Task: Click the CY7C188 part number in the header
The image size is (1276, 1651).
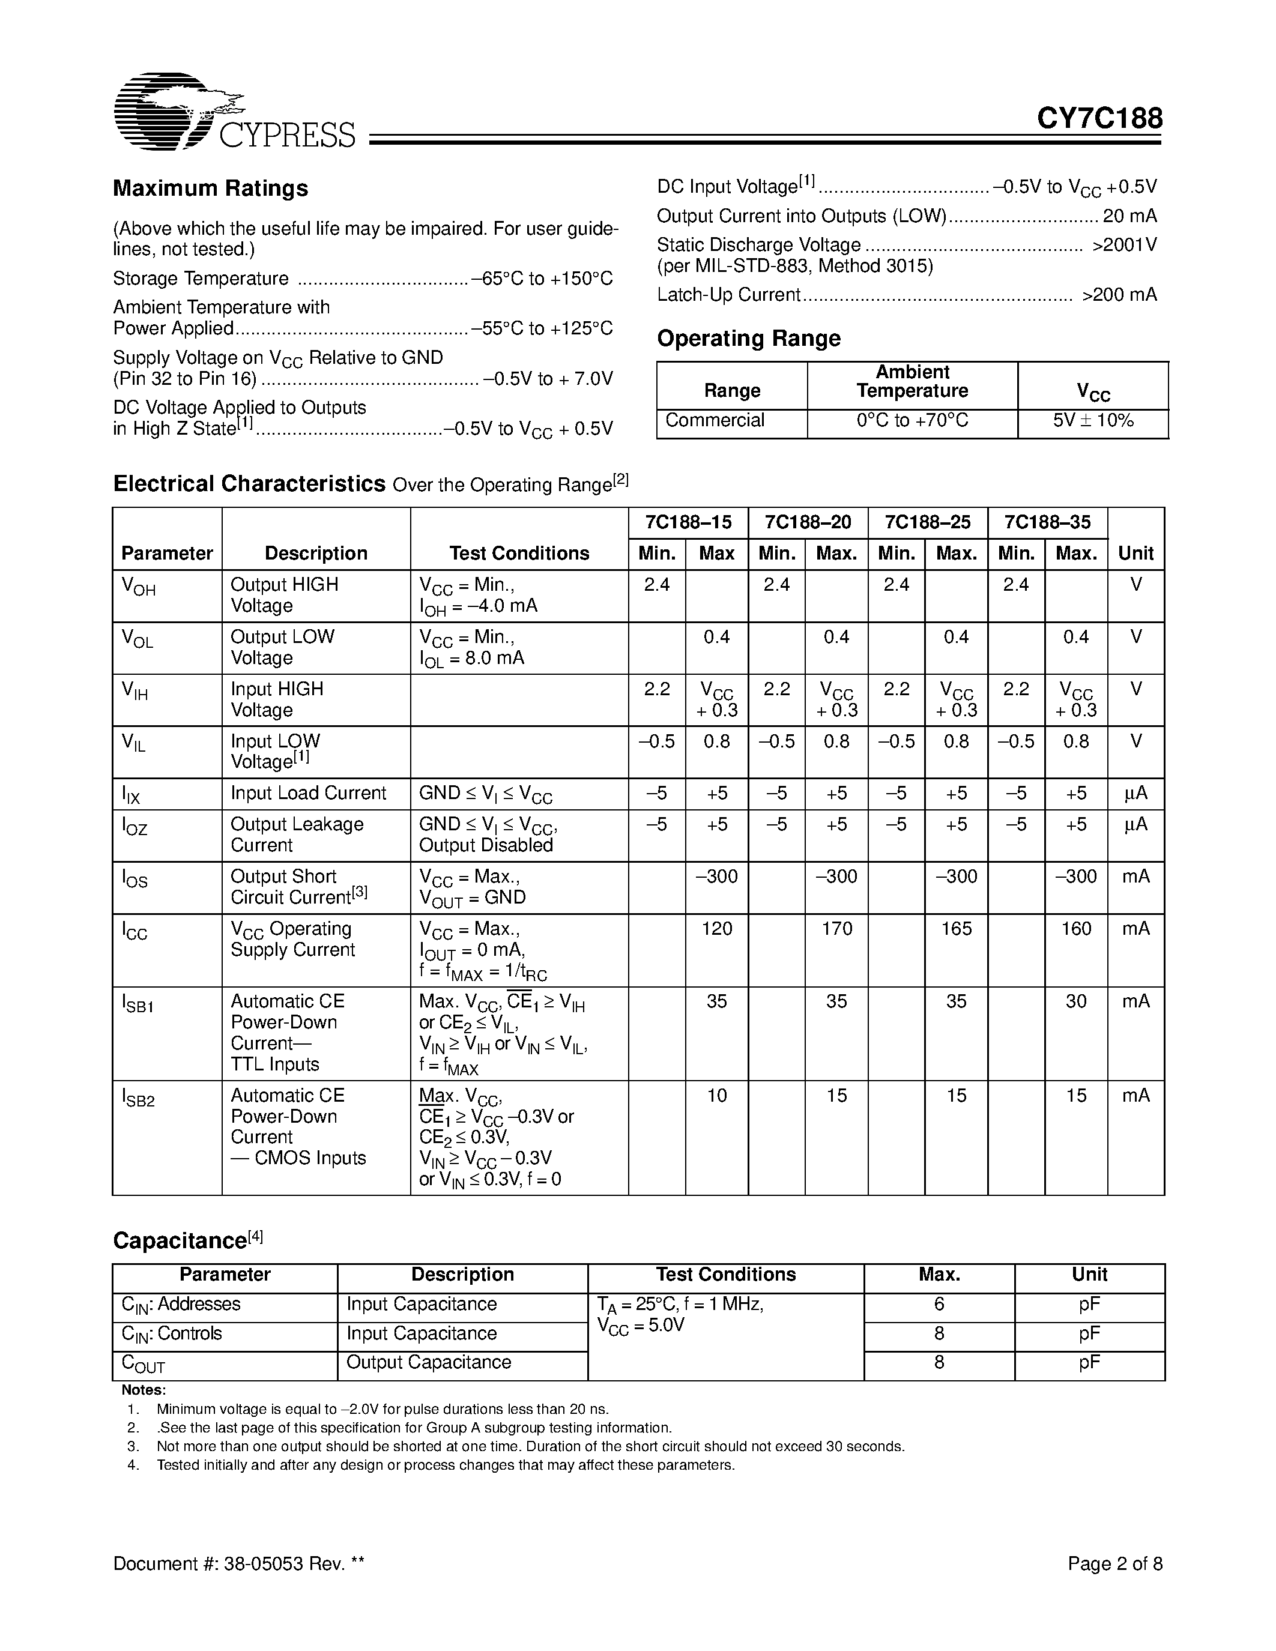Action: [1099, 119]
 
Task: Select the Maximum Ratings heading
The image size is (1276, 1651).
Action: [210, 189]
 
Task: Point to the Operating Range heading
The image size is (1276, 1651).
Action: [748, 338]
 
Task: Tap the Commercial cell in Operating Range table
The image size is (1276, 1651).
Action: [715, 420]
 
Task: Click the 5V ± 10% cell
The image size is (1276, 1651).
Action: [1093, 420]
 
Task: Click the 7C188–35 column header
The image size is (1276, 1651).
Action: [1048, 522]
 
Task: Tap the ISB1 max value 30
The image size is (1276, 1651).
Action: [1075, 1001]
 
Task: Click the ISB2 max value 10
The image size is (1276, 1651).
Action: [716, 1096]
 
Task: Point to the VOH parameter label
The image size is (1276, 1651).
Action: [138, 587]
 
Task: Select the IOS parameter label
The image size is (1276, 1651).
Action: [135, 878]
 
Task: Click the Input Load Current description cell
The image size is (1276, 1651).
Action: [309, 793]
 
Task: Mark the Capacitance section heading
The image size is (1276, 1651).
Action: [187, 1240]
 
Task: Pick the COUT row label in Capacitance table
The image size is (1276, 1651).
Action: [143, 1364]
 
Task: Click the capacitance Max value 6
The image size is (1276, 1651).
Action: [939, 1304]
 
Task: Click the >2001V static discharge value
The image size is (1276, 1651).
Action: [1124, 245]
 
